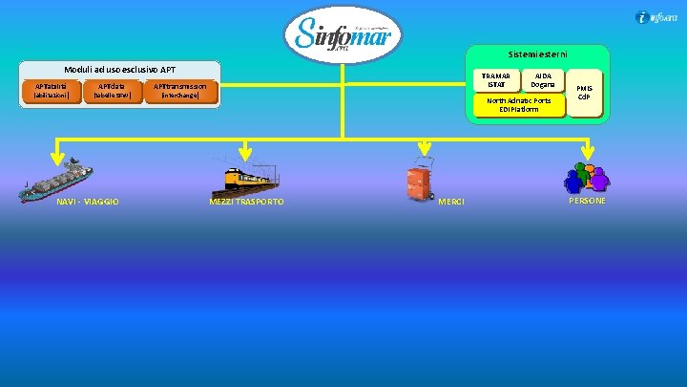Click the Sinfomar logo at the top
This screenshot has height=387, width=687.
pyautogui.click(x=343, y=36)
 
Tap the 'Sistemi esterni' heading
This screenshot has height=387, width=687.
pyautogui.click(x=535, y=54)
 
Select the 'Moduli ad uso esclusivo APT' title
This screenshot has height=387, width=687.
pyautogui.click(x=120, y=70)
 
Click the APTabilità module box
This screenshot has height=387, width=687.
pyautogui.click(x=52, y=92)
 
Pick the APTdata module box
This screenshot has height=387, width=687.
pyautogui.click(x=112, y=92)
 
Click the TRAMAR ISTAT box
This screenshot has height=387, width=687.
pyautogui.click(x=496, y=80)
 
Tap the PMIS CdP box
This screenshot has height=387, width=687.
pyautogui.click(x=584, y=93)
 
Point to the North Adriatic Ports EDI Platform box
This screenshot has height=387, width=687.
pyautogui.click(x=518, y=105)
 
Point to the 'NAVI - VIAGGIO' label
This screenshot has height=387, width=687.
pyautogui.click(x=88, y=202)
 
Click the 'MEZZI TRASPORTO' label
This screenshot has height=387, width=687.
pyautogui.click(x=246, y=202)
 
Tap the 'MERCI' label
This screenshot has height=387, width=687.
pyautogui.click(x=451, y=202)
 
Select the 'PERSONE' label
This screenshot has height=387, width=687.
pyautogui.click(x=587, y=201)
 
